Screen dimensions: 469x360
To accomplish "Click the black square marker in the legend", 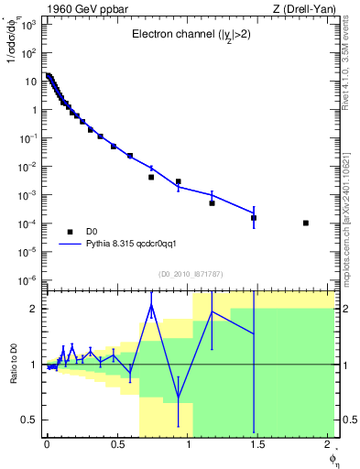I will (69, 231).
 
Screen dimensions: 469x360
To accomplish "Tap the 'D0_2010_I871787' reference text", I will (191, 273).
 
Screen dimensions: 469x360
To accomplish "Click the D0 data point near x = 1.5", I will (254, 218).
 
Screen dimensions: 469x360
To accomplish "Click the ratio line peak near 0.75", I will (151, 304).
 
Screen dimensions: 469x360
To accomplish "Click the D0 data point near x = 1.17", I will (212, 202).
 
